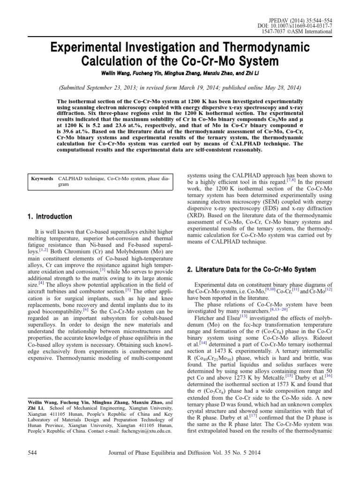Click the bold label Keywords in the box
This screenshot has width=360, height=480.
click(x=42, y=179)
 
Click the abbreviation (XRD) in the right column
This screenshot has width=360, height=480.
click(x=197, y=216)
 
